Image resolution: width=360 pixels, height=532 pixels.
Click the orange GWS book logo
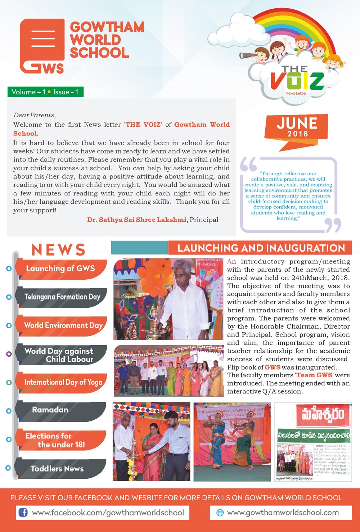[x=42, y=46]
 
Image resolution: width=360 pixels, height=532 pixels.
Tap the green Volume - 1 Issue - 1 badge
[x=45, y=92]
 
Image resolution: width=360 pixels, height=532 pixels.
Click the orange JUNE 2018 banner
[x=297, y=127]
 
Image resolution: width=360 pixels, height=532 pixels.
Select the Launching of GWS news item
[x=60, y=269]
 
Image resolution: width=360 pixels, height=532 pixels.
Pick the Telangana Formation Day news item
[x=62, y=297]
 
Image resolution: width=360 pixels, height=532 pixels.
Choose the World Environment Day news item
[x=63, y=325]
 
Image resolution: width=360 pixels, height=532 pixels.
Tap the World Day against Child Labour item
[x=61, y=355]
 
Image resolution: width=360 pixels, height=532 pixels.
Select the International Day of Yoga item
[x=63, y=382]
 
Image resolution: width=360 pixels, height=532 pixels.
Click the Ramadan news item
[x=50, y=410]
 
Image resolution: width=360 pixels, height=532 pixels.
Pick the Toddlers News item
[x=57, y=469]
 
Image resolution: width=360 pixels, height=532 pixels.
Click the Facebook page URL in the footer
[x=108, y=513]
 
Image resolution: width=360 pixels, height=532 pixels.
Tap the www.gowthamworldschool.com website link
[x=283, y=513]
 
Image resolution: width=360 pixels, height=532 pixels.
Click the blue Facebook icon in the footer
[x=23, y=513]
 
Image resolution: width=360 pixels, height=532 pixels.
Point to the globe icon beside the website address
[x=220, y=513]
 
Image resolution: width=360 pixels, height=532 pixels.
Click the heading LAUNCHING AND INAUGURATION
[x=261, y=248]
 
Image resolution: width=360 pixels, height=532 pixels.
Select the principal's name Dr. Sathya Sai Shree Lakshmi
[x=137, y=220]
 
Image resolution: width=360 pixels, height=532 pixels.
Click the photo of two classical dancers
[x=232, y=442]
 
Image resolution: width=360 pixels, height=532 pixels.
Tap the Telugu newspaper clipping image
[x=313, y=442]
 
